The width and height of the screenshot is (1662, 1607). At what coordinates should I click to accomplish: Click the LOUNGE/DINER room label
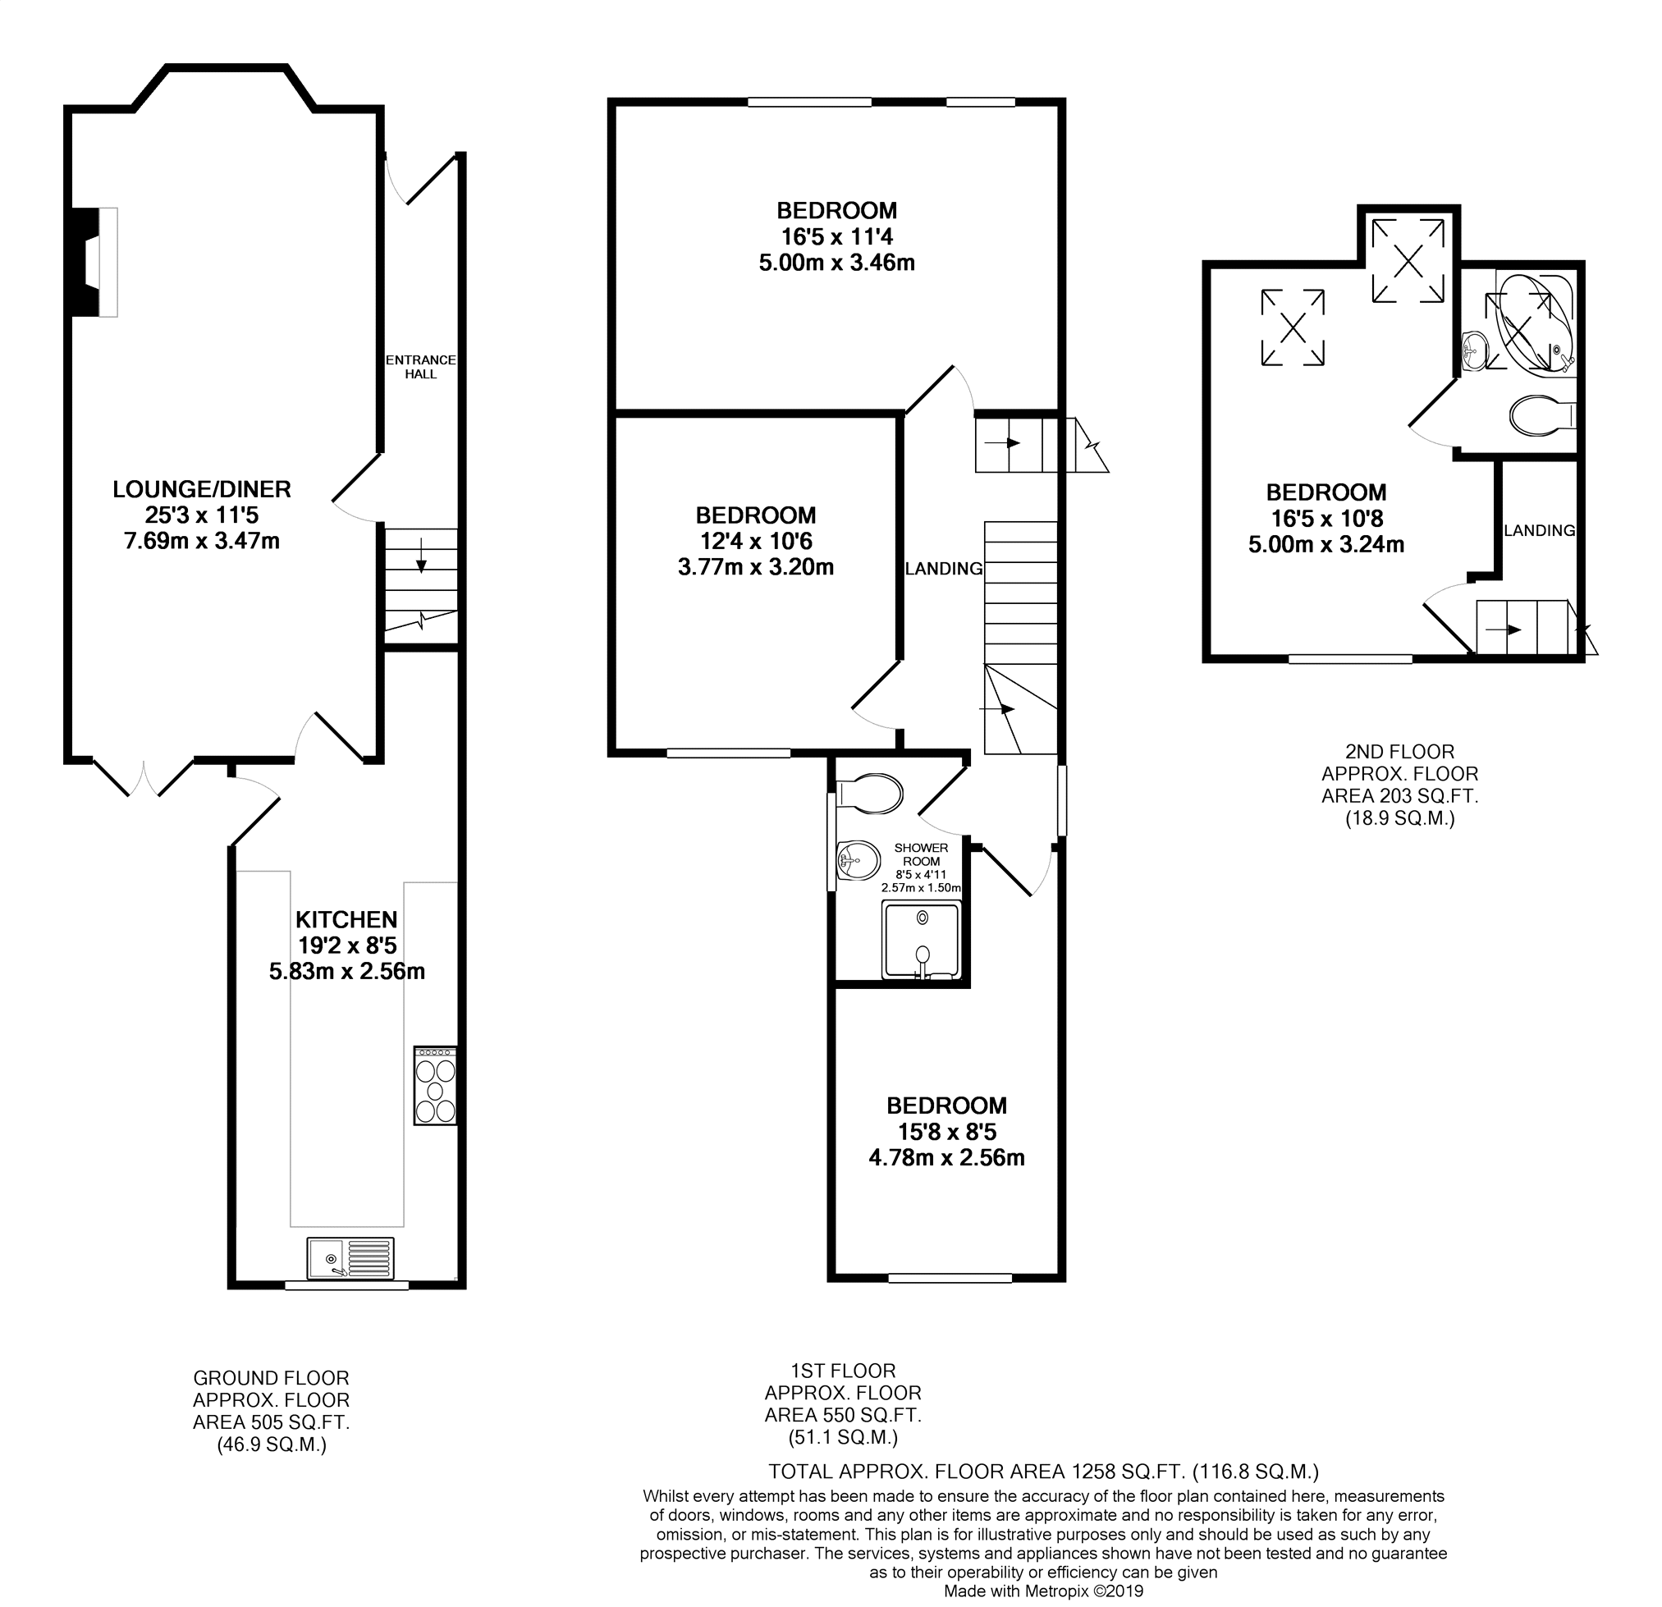tap(202, 489)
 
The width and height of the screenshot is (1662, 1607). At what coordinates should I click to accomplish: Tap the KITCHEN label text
tap(347, 919)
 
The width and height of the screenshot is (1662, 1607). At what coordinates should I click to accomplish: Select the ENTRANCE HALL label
tap(420, 367)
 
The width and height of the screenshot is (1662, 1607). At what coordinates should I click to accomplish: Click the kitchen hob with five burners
tap(435, 1087)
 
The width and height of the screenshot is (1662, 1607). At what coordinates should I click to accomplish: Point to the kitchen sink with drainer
tap(351, 1258)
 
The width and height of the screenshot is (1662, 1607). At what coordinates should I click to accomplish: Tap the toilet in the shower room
tap(869, 794)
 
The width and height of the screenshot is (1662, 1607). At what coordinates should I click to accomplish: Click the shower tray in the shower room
tap(922, 940)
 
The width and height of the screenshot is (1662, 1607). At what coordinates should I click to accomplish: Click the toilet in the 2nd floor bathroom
tap(1543, 415)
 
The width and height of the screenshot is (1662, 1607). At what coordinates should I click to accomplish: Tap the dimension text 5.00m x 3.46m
tap(837, 263)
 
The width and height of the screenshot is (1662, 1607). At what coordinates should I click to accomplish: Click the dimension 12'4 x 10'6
tap(756, 541)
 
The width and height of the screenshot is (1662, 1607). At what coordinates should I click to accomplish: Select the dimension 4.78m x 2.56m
tap(946, 1157)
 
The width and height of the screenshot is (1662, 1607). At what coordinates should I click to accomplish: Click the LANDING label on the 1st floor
tap(944, 569)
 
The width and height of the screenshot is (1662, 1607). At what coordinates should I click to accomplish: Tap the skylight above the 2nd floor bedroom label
tap(1293, 327)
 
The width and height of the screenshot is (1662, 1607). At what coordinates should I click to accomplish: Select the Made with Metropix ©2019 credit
tap(1044, 1591)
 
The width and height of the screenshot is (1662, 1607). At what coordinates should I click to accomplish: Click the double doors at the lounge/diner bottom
tap(144, 776)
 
